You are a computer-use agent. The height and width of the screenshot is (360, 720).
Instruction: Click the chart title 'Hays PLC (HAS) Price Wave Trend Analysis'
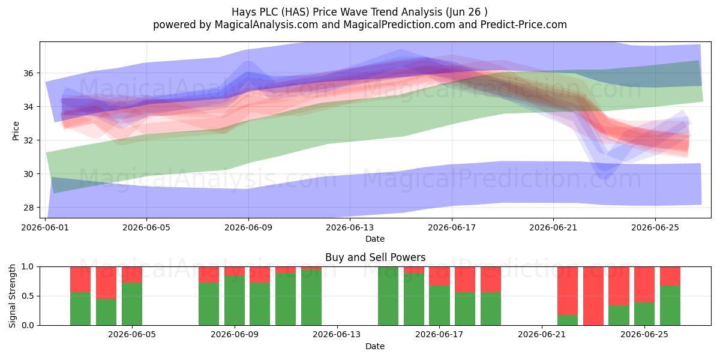tap(337, 12)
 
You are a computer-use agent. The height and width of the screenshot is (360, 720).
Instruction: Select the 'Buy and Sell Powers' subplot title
tap(375, 257)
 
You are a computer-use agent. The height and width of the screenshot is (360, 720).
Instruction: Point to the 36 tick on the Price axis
tap(28, 73)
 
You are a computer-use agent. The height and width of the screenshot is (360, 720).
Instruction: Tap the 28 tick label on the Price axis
tap(28, 208)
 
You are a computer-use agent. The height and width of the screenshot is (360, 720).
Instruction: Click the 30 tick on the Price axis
tap(28, 174)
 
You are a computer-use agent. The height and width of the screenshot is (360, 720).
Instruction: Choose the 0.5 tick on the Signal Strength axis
tap(28, 296)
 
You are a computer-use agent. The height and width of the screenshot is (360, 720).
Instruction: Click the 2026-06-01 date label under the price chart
tap(45, 227)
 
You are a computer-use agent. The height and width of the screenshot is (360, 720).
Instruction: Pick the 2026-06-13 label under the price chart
tap(350, 227)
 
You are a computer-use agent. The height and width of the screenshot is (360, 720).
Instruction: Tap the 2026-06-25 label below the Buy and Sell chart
tap(644, 335)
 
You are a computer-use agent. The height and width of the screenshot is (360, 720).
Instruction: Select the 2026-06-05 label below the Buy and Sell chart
tap(132, 335)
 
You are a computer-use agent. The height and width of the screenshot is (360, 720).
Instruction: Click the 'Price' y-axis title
tap(16, 131)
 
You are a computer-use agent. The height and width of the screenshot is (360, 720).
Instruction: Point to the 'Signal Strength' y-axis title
tap(12, 296)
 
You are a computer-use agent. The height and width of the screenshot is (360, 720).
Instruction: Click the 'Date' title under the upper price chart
tap(375, 239)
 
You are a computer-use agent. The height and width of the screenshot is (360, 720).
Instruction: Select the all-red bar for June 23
tap(593, 296)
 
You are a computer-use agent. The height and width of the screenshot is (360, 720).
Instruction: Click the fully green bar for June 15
tap(388, 296)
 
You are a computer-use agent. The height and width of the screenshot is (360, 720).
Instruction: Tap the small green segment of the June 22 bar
tap(568, 320)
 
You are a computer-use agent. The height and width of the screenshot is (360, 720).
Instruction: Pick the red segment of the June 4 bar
tap(132, 275)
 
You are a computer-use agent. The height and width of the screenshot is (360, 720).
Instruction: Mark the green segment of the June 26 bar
tap(670, 305)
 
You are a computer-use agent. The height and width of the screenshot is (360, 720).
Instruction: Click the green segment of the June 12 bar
tap(311, 298)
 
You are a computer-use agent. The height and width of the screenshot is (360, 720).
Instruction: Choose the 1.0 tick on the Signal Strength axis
tap(28, 267)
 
